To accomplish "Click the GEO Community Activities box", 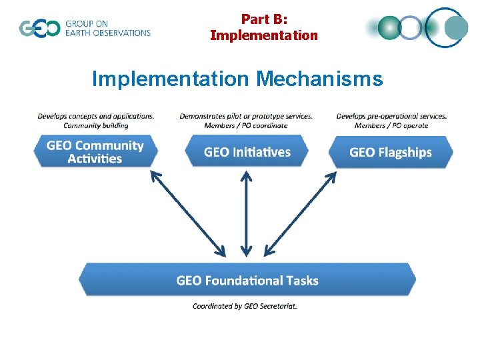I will tap(95, 152).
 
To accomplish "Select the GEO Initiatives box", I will tap(247, 152).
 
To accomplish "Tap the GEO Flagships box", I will tap(391, 152).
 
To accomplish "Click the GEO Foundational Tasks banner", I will tap(247, 280).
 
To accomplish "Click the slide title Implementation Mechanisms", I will tap(237, 79).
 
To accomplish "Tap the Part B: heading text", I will tap(264, 19).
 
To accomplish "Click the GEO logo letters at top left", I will tap(39, 29).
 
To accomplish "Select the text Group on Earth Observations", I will tap(107, 29).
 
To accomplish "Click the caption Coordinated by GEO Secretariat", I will tap(245, 306).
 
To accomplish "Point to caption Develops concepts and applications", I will tap(96, 116).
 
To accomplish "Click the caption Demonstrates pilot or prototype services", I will tap(246, 116).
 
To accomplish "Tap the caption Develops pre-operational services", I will tap(391, 116).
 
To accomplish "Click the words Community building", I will tap(96, 125).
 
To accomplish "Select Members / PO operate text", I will tap(391, 125).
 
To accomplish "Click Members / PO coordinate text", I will tap(247, 125).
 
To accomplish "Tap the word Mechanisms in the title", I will tap(319, 79).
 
